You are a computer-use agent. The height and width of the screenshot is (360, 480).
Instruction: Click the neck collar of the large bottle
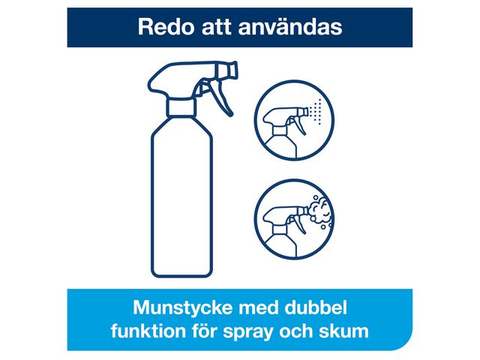[181, 106]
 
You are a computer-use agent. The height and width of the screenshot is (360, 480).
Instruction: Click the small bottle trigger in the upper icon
[297, 122]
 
